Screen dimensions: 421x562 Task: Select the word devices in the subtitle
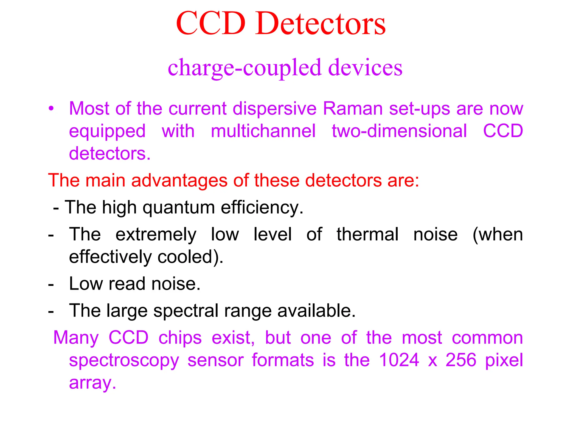pos(365,67)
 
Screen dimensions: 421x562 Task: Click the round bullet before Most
pos(51,109)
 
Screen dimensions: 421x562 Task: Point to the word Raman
pos(353,109)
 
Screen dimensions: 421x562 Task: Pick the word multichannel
pos(263,131)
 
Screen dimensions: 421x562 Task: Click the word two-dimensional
pos(399,131)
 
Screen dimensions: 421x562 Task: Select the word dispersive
pos(275,109)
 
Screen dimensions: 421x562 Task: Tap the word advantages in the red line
pos(179,180)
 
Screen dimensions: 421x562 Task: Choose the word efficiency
pos(262,208)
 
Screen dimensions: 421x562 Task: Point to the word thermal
pos(367,235)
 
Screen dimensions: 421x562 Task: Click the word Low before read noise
pos(86,283)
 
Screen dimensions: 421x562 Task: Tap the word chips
pos(180,338)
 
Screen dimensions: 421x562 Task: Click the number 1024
pos(399,360)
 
